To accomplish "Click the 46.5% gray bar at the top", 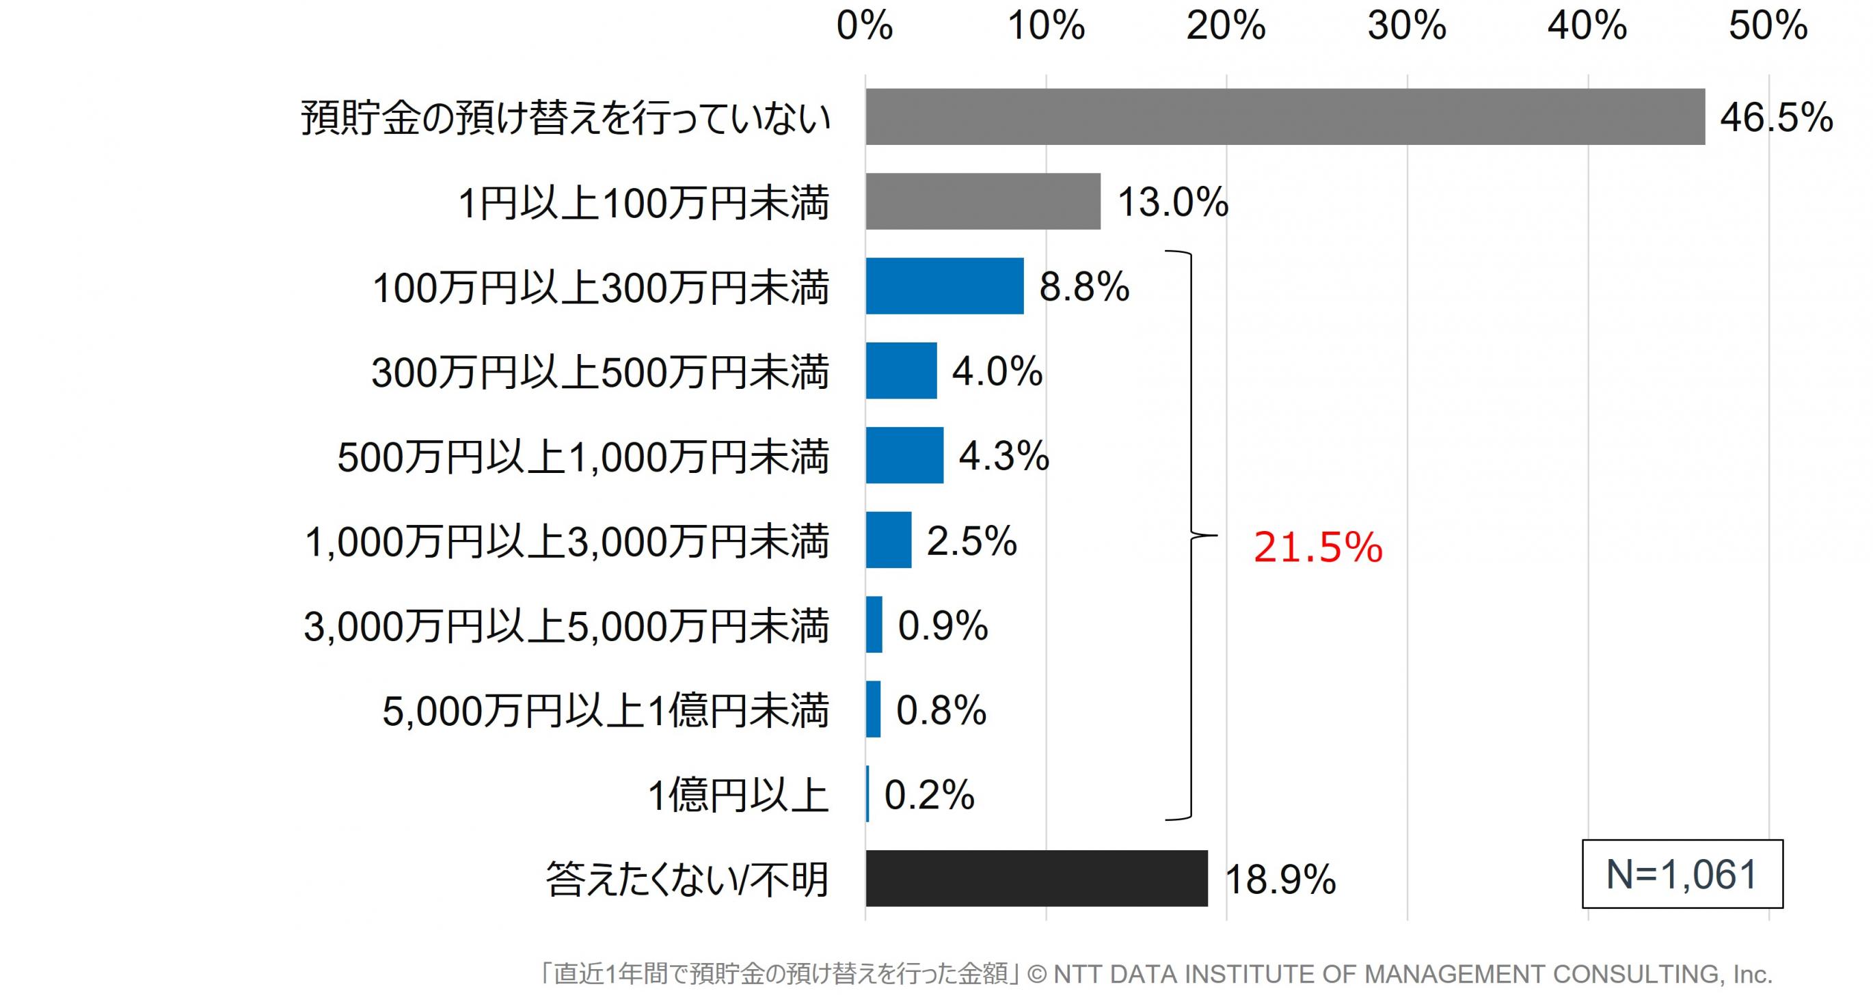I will [1284, 117].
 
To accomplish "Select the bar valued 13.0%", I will [982, 202].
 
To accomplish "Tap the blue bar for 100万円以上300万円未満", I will [944, 286].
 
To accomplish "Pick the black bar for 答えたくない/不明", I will [1036, 878].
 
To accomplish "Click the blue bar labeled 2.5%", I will [888, 539].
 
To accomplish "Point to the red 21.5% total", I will [1317, 547].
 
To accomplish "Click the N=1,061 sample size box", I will [1682, 874].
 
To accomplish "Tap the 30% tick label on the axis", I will [1407, 26].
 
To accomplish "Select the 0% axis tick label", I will [865, 26].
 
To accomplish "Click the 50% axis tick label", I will [1768, 26].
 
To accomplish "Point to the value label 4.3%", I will [1004, 456].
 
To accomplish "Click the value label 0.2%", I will [928, 795].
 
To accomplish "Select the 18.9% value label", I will [1280, 880].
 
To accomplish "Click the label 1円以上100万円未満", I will [643, 203].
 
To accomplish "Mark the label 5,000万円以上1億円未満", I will [605, 711].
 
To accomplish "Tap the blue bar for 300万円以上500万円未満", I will [901, 370].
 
